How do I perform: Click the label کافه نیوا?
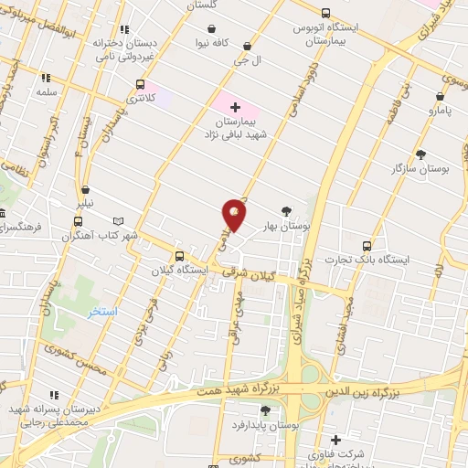[232, 43]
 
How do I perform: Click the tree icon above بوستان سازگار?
[420, 154]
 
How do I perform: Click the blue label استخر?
[102, 312]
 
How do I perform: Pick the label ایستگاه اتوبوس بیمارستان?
[326, 35]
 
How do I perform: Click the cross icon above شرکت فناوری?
[335, 440]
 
